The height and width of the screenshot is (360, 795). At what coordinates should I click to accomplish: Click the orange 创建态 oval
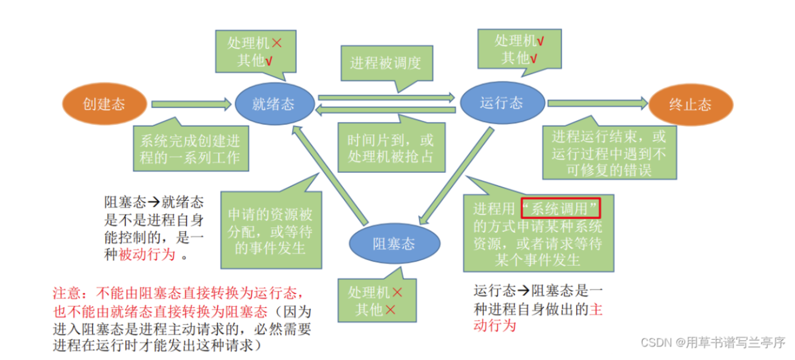click(104, 105)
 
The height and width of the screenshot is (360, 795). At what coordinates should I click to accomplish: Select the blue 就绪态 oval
click(273, 105)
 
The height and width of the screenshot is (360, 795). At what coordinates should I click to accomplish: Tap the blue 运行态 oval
click(502, 103)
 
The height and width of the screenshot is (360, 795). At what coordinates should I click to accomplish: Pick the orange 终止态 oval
click(690, 105)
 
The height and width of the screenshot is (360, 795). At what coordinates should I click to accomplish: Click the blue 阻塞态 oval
click(394, 243)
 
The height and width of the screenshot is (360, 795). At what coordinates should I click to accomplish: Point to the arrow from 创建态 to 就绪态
click(191, 104)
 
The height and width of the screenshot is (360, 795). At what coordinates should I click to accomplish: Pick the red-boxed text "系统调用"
click(560, 208)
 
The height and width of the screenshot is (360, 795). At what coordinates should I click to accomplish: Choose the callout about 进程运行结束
click(609, 153)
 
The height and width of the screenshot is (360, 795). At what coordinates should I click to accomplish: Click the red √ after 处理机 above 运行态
click(540, 41)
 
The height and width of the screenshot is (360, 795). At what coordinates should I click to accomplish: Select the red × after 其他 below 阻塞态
click(390, 309)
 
